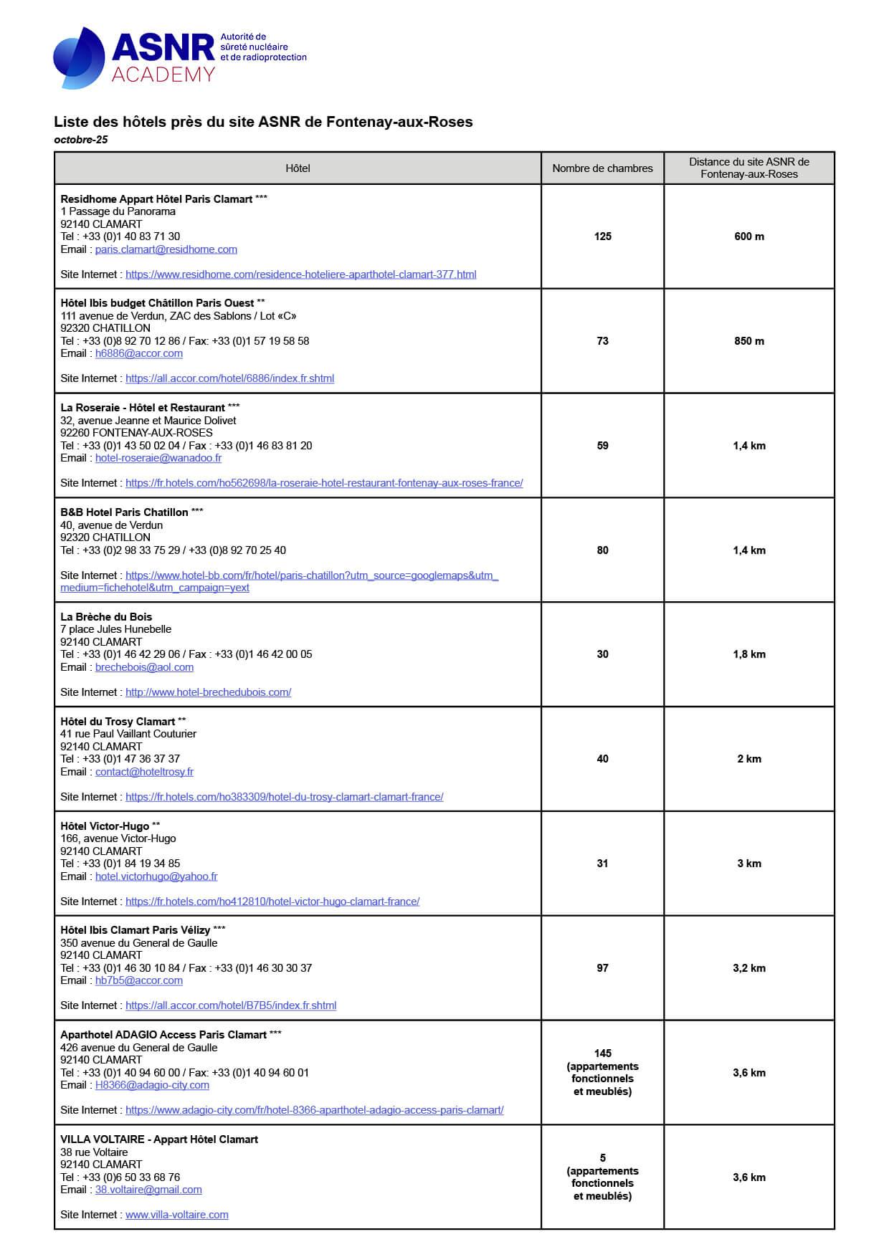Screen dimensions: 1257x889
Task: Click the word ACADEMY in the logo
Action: [x=163, y=75]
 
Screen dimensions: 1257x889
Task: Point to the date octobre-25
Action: [x=81, y=140]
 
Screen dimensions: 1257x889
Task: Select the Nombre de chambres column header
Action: [x=602, y=168]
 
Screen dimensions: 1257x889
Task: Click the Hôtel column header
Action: [x=298, y=168]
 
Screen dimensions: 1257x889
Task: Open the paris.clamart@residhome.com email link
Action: [x=166, y=249]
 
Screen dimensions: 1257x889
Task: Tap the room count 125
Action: [x=602, y=236]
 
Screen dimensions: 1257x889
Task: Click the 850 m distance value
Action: [x=748, y=341]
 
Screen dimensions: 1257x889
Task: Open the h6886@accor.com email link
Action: [x=138, y=353]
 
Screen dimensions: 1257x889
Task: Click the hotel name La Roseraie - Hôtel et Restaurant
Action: [x=143, y=407]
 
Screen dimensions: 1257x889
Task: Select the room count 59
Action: [x=602, y=446]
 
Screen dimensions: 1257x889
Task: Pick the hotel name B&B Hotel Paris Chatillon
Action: [x=124, y=512]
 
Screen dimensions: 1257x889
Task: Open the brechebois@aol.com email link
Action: [x=144, y=667]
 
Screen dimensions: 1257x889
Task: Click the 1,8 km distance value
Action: [x=748, y=654]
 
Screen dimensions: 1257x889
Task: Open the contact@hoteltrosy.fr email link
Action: [x=144, y=772]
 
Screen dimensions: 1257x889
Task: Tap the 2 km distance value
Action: [x=748, y=759]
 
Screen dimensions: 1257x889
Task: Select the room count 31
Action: [x=602, y=864]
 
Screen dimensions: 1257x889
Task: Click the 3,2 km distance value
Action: [x=748, y=968]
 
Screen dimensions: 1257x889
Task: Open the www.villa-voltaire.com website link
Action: [x=176, y=1215]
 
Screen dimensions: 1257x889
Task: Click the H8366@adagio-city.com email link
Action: [x=152, y=1085]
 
